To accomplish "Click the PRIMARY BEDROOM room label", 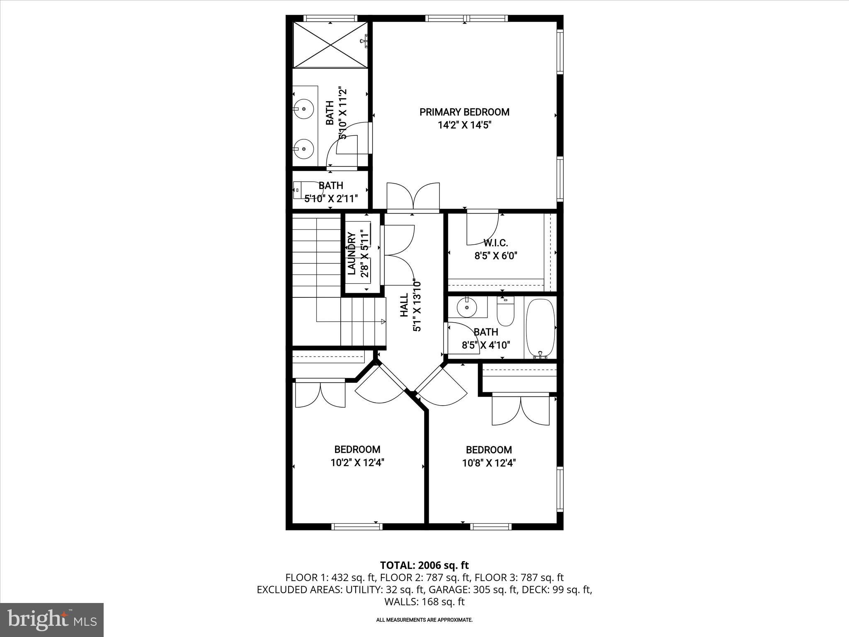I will click(464, 112).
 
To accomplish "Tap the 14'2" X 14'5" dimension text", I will click(464, 125).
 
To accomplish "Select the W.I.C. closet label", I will click(495, 243).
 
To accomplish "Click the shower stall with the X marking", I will click(330, 44).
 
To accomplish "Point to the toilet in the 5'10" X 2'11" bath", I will click(302, 190).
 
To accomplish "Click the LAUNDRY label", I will click(352, 254).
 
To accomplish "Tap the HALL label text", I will click(404, 305).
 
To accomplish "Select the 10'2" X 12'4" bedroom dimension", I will click(357, 462).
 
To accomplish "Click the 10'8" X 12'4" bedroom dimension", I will click(489, 463).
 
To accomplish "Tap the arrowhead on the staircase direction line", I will click(383, 321).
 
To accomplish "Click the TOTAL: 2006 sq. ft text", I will click(424, 565).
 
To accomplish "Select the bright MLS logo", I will click(52, 620).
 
